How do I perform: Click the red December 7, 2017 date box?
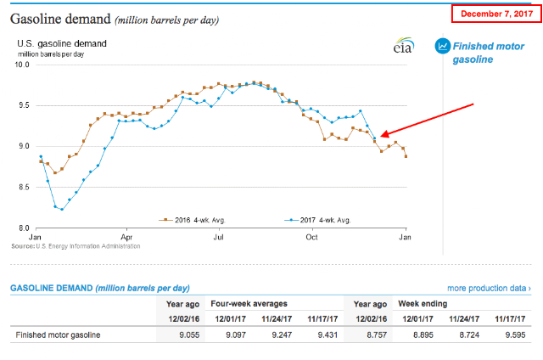496,14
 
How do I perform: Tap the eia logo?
404,45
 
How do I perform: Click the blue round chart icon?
443,46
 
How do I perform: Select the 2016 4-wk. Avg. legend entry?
192,220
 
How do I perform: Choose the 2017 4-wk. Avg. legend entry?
317,220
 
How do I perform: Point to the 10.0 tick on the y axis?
22,65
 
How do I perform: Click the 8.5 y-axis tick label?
24,188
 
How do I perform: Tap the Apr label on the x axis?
126,238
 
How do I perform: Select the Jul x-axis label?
219,238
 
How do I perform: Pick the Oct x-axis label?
311,238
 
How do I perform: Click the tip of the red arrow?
380,136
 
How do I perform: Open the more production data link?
489,289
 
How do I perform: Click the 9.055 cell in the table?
189,335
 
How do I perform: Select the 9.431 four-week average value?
327,335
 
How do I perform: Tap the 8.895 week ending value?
423,335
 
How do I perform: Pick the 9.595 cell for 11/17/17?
515,335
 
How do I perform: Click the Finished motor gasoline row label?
58,335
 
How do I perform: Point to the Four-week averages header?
249,304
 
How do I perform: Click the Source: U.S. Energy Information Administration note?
76,246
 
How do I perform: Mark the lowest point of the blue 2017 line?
62,209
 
